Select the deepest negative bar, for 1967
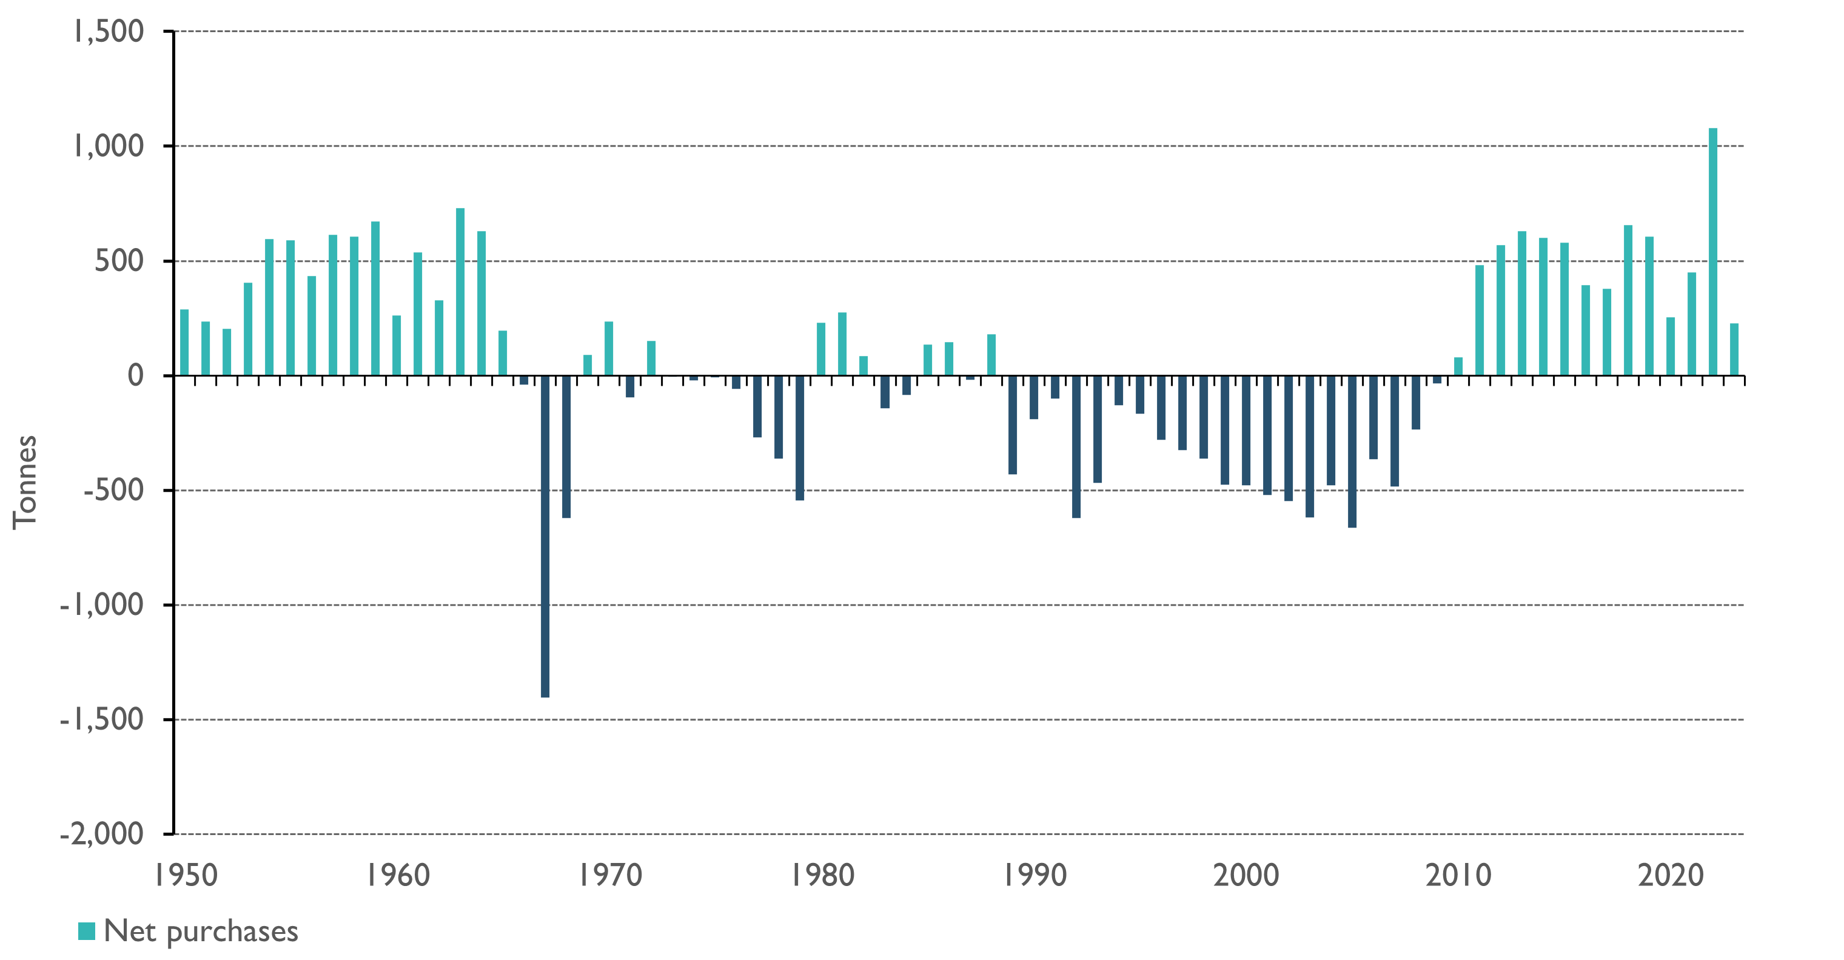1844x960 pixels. pyautogui.click(x=546, y=536)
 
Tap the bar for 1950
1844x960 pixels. pyautogui.click(x=184, y=342)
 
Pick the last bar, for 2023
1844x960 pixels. pyautogui.click(x=1734, y=349)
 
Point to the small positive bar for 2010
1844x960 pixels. pyautogui.click(x=1458, y=366)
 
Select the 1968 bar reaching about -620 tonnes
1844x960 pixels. pyautogui.click(x=566, y=447)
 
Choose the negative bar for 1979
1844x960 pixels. pyautogui.click(x=800, y=438)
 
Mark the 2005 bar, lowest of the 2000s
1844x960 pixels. pyautogui.click(x=1352, y=452)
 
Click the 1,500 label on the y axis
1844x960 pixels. pyautogui.click(x=109, y=32)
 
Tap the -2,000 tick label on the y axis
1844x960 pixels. pyautogui.click(x=102, y=834)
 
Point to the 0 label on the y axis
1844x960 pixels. pyautogui.click(x=135, y=375)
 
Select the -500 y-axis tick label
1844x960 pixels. pyautogui.click(x=113, y=491)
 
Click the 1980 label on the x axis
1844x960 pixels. pyautogui.click(x=822, y=876)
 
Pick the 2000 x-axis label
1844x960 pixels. pyautogui.click(x=1246, y=876)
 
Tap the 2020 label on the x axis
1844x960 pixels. pyautogui.click(x=1671, y=876)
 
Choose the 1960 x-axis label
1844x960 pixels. pyautogui.click(x=398, y=876)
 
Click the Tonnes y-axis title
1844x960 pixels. pyautogui.click(x=25, y=482)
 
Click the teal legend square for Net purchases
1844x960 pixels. pyautogui.click(x=87, y=931)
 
